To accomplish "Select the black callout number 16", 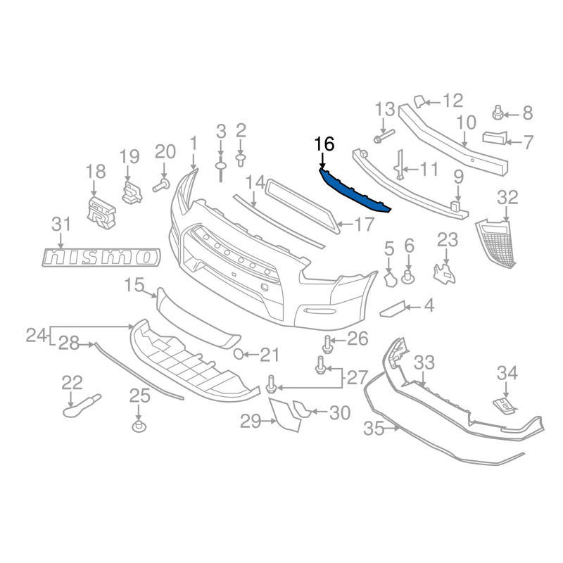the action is coord(324,144).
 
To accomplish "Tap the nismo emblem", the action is coord(101,257).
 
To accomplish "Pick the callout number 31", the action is coord(61,224).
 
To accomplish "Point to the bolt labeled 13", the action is coord(384,137).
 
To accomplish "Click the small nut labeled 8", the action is coord(498,113).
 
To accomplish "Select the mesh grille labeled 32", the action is coord(496,243).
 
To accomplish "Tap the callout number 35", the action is coord(374,429).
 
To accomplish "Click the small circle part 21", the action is coord(239,354).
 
